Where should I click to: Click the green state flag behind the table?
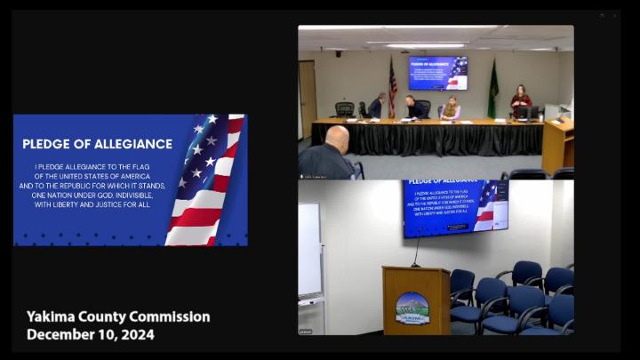click(x=493, y=90)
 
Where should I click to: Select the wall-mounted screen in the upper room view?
click(x=437, y=73)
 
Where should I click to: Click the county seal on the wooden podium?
click(x=412, y=307)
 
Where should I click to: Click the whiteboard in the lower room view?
click(x=309, y=250)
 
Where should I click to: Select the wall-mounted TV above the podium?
click(x=455, y=208)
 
